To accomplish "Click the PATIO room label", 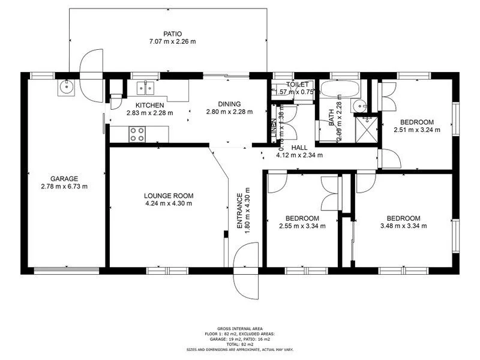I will click(x=173, y=34).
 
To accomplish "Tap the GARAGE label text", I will click(x=64, y=178).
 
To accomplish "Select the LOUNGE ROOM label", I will click(x=168, y=195).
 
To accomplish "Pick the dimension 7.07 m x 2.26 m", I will click(x=173, y=41).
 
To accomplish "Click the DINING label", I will click(x=229, y=103).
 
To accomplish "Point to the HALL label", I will click(x=299, y=147).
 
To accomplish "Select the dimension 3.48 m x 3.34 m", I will click(x=403, y=226).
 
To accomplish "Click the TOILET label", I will click(x=298, y=85).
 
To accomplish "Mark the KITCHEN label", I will click(x=149, y=105).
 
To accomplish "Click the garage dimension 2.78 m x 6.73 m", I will click(x=64, y=186).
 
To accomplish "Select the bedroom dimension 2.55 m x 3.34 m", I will click(x=302, y=226).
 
